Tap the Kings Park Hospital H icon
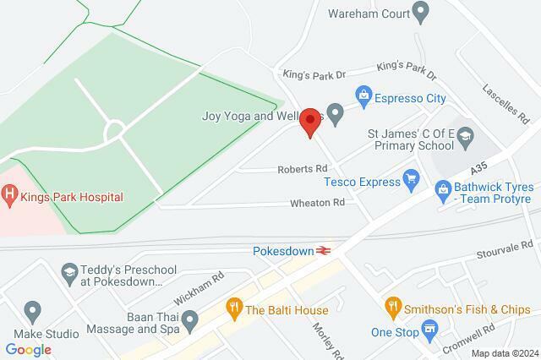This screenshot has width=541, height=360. point(10,197)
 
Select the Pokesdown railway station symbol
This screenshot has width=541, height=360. point(323,250)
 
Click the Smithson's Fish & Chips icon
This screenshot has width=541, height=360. point(391,305)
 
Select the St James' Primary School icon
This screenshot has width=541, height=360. point(466,135)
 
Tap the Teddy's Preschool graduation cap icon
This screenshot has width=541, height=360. point(68,272)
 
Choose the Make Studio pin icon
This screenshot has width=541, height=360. point(33,312)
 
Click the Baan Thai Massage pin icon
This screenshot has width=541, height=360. point(190,320)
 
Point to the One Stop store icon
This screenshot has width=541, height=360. point(431,328)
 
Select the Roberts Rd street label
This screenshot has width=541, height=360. point(303,169)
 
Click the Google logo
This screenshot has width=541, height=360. point(28,349)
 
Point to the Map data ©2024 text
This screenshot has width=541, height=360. point(504,353)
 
